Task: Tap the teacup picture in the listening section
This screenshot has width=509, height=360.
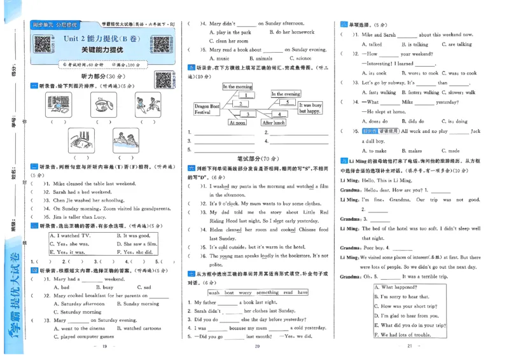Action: click(102, 103)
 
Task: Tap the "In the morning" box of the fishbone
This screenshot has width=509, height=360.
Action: click(237, 87)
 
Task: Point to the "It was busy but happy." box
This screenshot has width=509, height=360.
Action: click(310, 107)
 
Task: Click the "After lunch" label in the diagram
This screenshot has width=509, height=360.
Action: click(274, 123)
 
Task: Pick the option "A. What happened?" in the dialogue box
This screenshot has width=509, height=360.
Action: click(400, 287)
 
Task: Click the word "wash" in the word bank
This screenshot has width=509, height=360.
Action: click(214, 293)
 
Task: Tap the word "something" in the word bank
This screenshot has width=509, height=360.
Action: click(267, 293)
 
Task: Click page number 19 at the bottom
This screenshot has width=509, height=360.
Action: click(105, 346)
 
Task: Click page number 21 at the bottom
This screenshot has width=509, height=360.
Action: click(410, 346)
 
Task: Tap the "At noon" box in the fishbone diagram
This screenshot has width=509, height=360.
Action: click(237, 123)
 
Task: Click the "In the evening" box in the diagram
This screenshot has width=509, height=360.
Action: click(286, 94)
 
